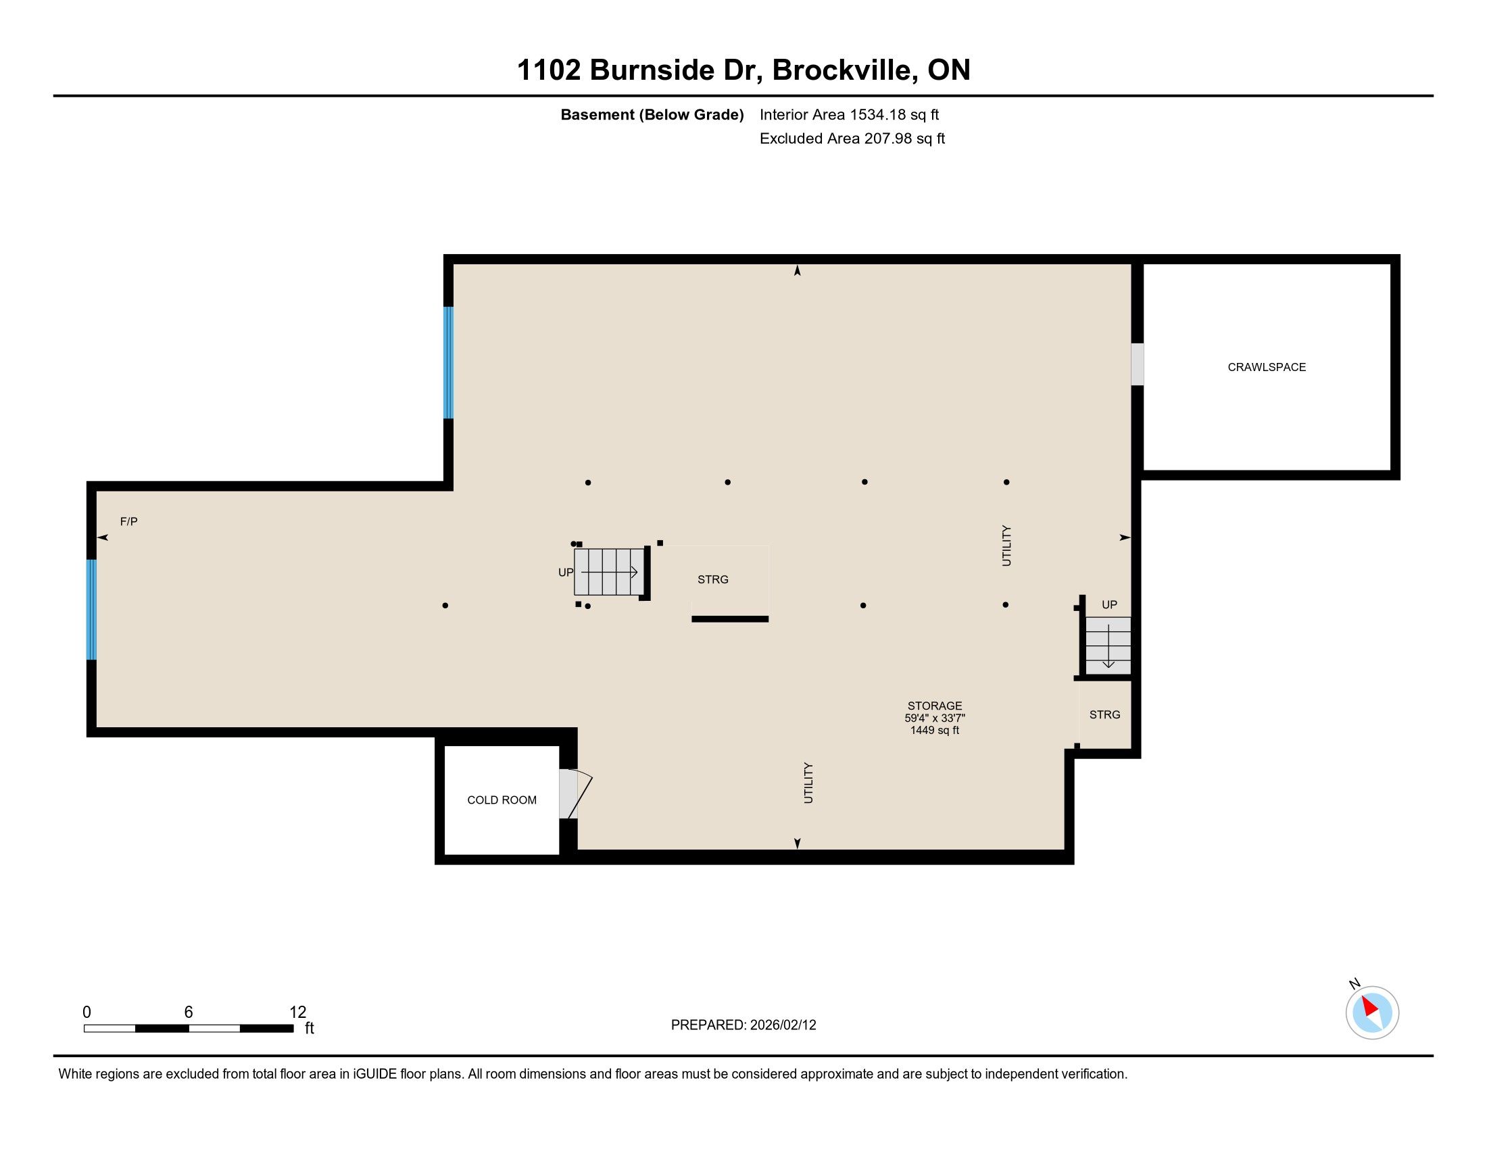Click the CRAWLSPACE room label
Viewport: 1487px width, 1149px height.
coord(1267,367)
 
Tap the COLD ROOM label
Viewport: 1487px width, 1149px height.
coord(502,800)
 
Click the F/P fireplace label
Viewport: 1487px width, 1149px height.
coord(128,521)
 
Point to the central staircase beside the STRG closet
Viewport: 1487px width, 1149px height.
coord(609,572)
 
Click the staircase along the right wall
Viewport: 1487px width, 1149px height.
coord(1108,645)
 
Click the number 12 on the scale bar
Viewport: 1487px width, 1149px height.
coord(298,1012)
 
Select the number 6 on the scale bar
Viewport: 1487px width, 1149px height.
coord(189,1012)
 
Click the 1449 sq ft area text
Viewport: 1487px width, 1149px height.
coord(934,731)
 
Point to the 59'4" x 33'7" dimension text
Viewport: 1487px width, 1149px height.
coord(934,718)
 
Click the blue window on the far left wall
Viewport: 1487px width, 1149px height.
coord(91,609)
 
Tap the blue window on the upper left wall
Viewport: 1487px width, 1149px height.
coord(448,362)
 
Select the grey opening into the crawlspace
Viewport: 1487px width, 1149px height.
coord(1137,364)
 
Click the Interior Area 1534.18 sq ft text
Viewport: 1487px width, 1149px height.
coord(849,115)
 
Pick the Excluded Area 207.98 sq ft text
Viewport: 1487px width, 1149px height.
coord(852,139)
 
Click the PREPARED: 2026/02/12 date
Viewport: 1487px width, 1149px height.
coord(743,1025)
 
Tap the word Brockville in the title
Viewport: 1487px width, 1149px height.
coord(842,70)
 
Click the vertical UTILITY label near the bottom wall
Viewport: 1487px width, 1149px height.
coord(808,783)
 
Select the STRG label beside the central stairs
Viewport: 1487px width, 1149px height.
coord(713,579)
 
